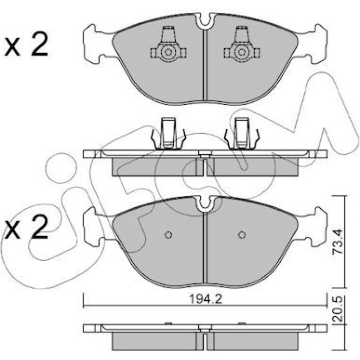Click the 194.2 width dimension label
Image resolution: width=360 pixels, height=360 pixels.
206,299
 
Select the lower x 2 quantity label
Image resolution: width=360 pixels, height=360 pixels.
27,227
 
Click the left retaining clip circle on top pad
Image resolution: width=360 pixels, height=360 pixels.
168,52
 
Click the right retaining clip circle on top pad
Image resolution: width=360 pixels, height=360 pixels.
242,52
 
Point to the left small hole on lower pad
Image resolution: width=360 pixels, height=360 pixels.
169,235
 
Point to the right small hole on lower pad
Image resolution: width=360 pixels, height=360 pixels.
242,235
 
